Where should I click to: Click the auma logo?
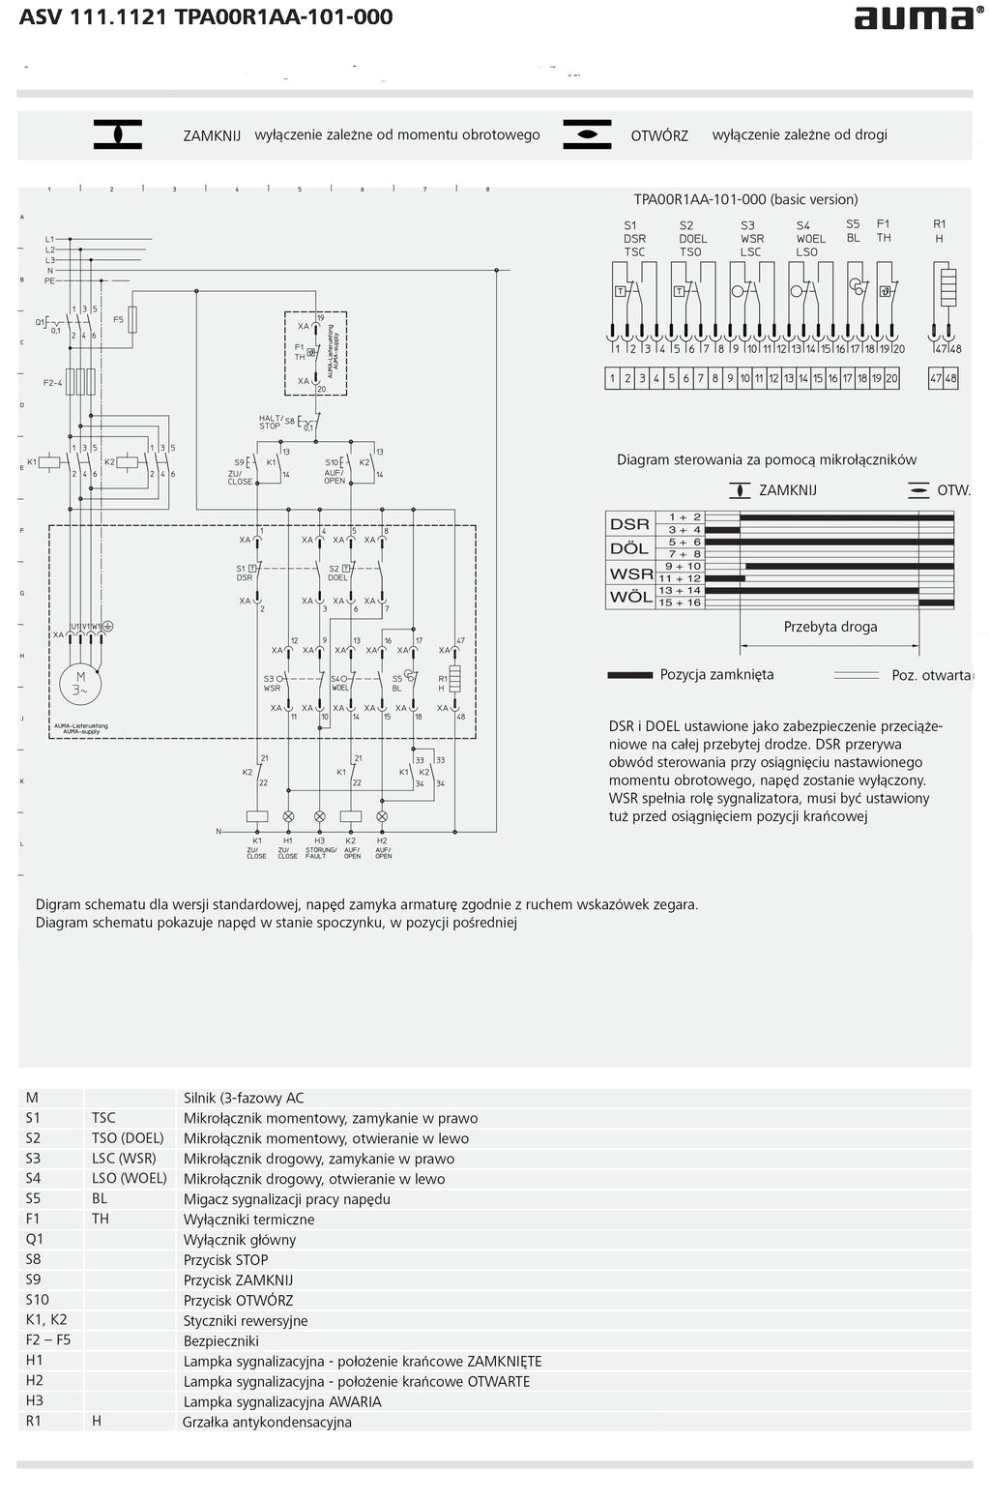point(913,18)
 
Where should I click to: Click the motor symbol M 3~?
point(81,683)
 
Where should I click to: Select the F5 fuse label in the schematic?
point(119,319)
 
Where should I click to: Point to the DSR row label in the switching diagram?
point(629,524)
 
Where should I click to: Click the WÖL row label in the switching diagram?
point(629,597)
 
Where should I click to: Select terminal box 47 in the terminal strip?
point(936,379)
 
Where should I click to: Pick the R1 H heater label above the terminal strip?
point(940,230)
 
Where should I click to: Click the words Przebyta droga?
point(830,627)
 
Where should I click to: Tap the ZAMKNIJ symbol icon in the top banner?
point(117,134)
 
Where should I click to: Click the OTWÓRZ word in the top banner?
point(659,136)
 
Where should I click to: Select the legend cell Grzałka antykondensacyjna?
point(268,1422)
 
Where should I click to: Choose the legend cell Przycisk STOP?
point(226,1260)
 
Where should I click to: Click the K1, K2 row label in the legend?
point(46,1320)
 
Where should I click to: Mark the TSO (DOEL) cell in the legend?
point(128,1138)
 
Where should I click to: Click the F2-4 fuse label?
point(52,382)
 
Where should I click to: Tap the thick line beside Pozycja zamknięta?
point(629,675)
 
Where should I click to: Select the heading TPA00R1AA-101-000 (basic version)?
point(745,200)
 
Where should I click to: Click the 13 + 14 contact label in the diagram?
point(680,590)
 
